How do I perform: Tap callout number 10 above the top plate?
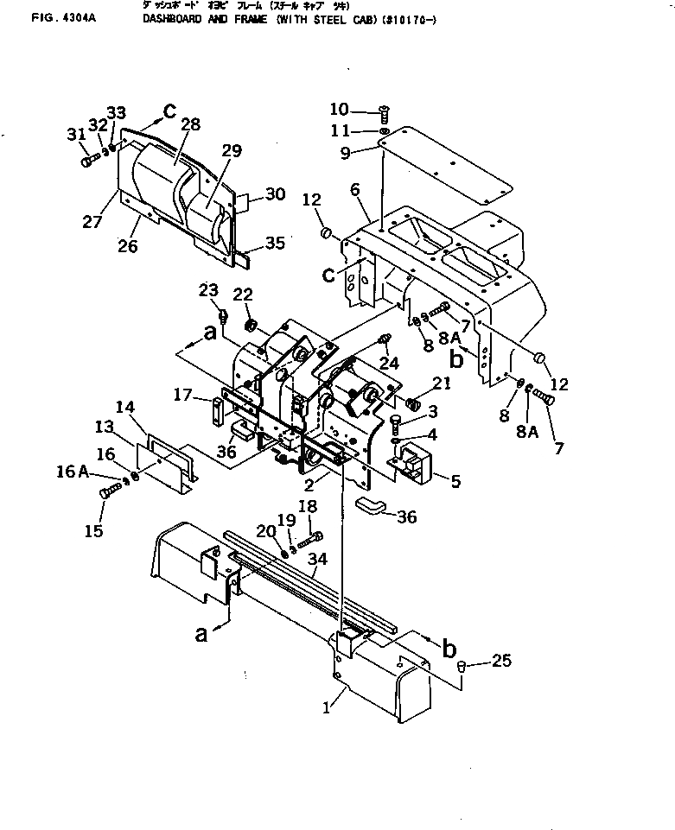[339, 109]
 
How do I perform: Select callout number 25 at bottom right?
[502, 661]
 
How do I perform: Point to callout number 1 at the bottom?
[326, 707]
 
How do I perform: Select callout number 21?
[442, 383]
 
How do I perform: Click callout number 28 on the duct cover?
[190, 125]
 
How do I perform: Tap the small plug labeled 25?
[462, 667]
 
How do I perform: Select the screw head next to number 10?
[385, 110]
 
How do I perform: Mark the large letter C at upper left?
[169, 111]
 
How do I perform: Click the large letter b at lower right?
[449, 649]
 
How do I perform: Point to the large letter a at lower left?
[201, 635]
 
